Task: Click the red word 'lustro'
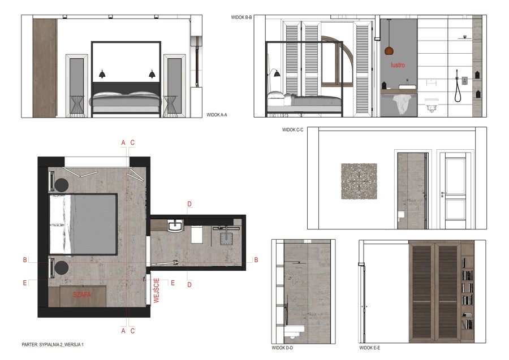click(398, 65)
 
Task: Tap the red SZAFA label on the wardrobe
click(82, 295)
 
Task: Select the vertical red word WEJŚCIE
click(157, 290)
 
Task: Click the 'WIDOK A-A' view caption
click(217, 115)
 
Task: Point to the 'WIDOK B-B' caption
click(241, 17)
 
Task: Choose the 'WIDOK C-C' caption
click(292, 130)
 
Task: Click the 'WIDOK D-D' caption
click(282, 348)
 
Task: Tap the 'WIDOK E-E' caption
click(370, 348)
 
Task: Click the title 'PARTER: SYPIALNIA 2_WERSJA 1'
click(53, 345)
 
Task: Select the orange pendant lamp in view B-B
click(389, 51)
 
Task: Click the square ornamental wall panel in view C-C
click(359, 181)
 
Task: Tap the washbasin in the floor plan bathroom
click(176, 225)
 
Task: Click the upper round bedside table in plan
click(61, 185)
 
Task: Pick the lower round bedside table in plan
click(61, 268)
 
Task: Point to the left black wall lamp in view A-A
click(102, 74)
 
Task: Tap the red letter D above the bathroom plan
click(189, 204)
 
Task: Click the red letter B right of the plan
click(256, 260)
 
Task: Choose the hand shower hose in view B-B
click(458, 88)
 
